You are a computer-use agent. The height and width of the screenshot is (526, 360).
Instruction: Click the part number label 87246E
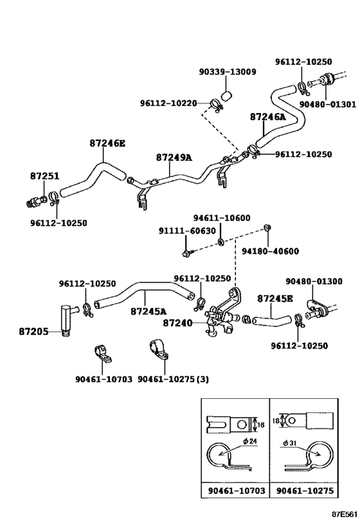tap(107, 144)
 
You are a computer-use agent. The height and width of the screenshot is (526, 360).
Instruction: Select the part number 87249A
tap(174, 157)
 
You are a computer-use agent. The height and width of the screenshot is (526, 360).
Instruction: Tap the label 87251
tap(44, 175)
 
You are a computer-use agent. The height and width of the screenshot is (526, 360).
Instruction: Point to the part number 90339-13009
tap(227, 72)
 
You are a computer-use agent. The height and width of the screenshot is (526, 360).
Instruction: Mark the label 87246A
tap(268, 117)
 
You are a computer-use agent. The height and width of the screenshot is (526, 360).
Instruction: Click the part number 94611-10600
tap(222, 218)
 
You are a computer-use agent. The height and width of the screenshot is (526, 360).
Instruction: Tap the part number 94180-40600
tap(270, 251)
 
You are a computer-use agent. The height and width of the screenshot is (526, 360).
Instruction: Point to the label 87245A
tap(148, 311)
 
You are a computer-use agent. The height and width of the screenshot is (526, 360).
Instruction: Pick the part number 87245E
tap(275, 299)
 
